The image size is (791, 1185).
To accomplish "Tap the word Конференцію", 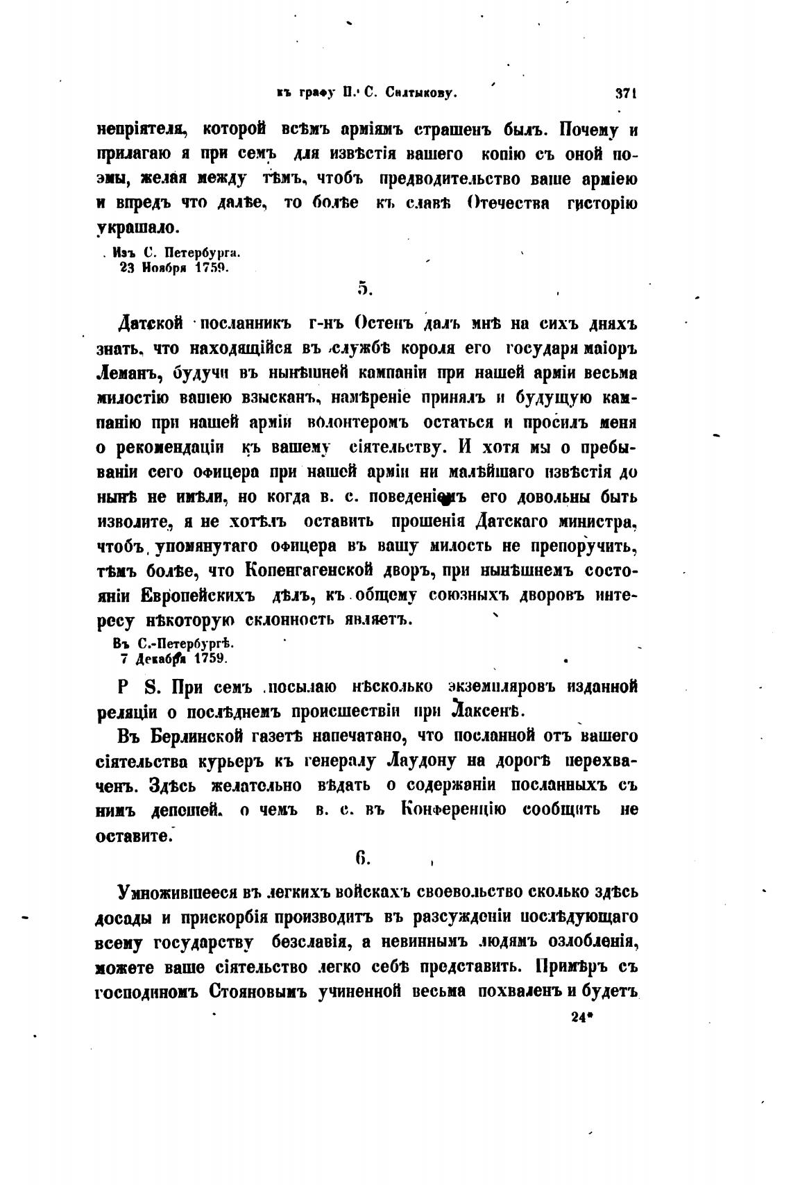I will [454, 810].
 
